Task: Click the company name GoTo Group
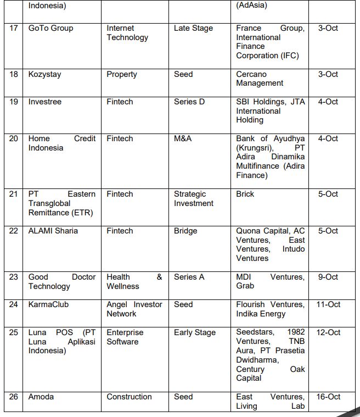click(50, 28)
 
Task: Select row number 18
click(14, 74)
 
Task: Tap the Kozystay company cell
click(44, 74)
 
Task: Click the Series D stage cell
click(189, 102)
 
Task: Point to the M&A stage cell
click(183, 138)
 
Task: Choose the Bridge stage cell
click(185, 231)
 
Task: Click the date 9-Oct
click(328, 277)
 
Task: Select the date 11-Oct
click(328, 304)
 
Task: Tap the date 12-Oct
click(328, 332)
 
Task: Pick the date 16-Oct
click(328, 397)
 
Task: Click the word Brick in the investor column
click(245, 194)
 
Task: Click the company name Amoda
click(41, 397)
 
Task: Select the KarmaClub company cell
click(48, 304)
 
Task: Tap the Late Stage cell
click(193, 28)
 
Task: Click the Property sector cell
click(122, 74)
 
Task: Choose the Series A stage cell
click(189, 277)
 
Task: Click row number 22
click(14, 231)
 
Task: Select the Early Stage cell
click(195, 332)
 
